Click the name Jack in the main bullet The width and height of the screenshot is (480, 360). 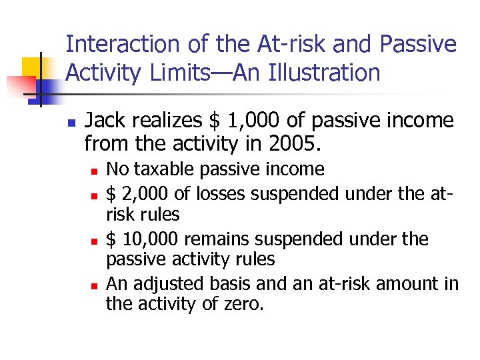106,121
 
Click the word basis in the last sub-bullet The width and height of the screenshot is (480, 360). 227,284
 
